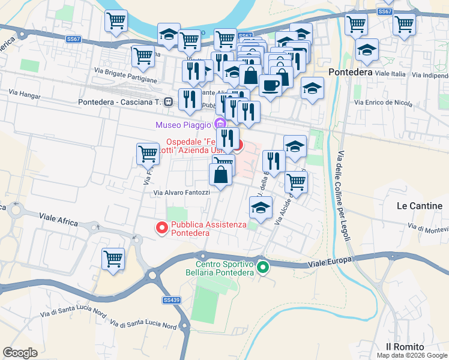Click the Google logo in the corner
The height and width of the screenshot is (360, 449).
[x=20, y=352]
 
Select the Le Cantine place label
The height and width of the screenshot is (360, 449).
[x=420, y=206]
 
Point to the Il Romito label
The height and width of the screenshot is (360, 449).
[x=405, y=347]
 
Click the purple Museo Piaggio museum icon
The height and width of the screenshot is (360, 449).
[x=220, y=125]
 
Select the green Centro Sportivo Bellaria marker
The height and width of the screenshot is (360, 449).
[x=262, y=267]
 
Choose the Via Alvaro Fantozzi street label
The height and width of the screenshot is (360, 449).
[x=182, y=193]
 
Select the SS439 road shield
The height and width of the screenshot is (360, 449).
[x=171, y=299]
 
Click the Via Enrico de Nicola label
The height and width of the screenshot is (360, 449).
[x=384, y=103]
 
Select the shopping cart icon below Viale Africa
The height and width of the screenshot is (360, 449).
[x=113, y=259]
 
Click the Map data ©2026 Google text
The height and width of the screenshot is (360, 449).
[x=411, y=355]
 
